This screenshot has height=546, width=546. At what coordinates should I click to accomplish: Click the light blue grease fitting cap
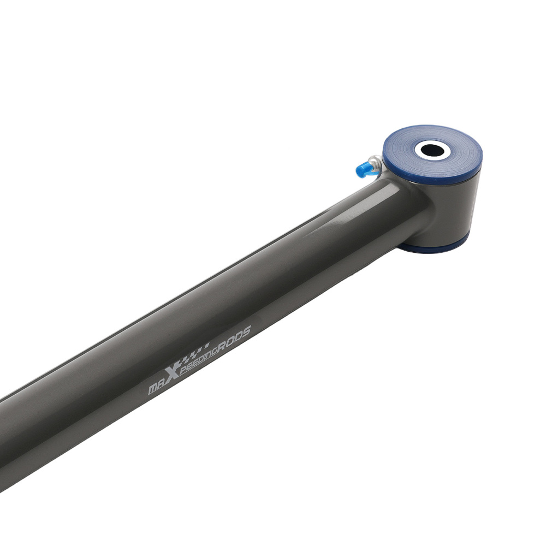click(x=363, y=170)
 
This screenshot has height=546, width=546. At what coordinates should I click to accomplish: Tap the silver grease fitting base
click(x=376, y=164)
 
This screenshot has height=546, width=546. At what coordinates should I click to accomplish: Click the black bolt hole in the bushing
click(x=432, y=151)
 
